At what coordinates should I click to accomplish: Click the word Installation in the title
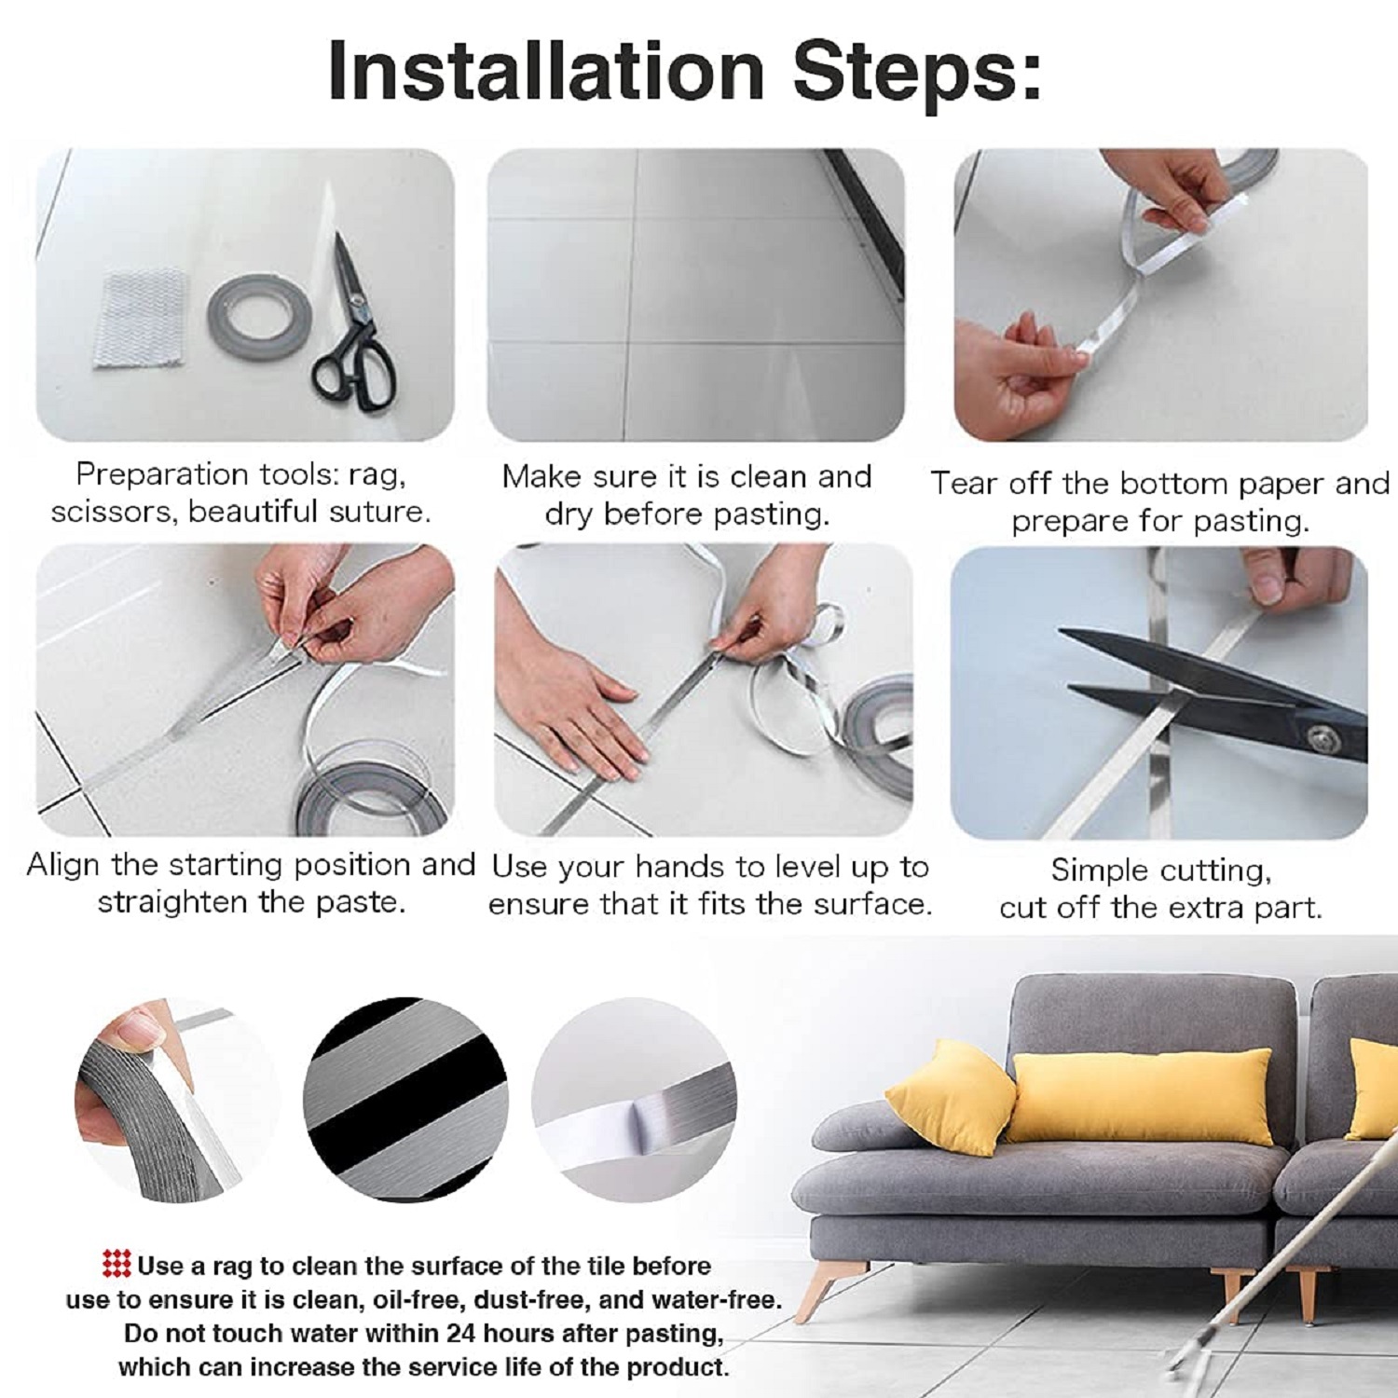point(546,71)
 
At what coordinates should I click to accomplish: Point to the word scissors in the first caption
point(113,512)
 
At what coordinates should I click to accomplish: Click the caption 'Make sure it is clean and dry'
point(687,495)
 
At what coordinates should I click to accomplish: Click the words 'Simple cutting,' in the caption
point(1160,870)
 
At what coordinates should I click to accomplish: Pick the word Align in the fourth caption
point(62,865)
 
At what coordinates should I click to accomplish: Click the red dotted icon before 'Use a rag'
point(116,1265)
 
